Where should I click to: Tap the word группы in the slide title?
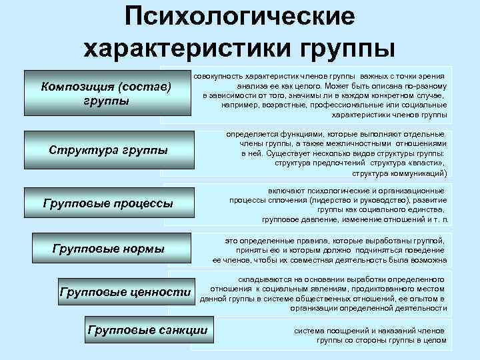coord(347,48)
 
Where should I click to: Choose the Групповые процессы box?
coord(107,203)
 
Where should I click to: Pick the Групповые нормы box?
coord(108,249)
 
